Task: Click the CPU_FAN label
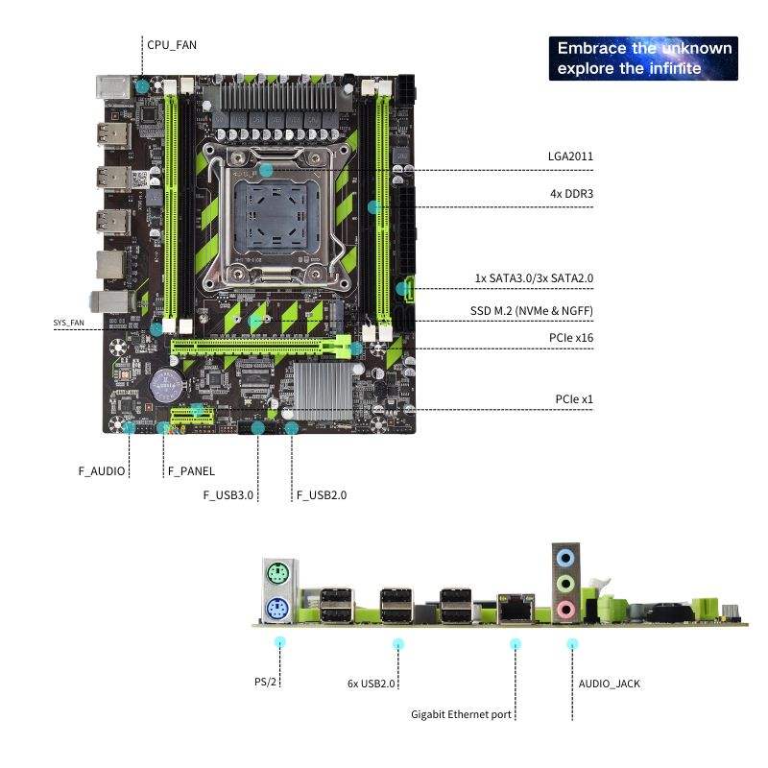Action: [173, 44]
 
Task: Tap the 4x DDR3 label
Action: [571, 194]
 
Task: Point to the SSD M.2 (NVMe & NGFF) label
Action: [532, 312]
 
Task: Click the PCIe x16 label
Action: [571, 338]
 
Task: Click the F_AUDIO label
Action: [102, 471]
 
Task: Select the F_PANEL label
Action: [191, 471]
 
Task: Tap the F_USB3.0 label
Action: [228, 495]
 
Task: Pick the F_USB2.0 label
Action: [322, 495]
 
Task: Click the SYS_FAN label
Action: [69, 324]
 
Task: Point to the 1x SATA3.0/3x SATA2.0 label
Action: [534, 278]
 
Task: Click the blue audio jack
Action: [566, 556]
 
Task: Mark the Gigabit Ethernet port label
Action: [461, 714]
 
